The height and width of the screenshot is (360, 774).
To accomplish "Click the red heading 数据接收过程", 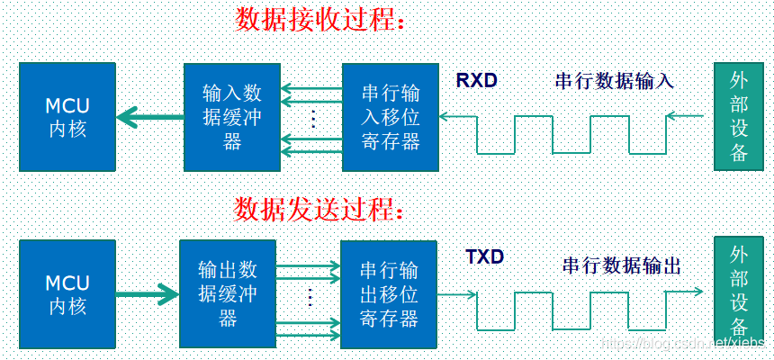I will point(320,20).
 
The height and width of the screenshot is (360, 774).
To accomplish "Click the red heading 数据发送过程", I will point(319,210).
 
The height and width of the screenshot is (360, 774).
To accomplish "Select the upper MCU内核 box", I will point(67,117).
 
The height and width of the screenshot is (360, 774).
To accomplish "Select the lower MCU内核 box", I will point(67,294).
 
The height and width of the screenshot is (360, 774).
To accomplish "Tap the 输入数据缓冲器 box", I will point(231,117).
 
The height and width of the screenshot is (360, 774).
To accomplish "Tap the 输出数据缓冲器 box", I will point(228,294).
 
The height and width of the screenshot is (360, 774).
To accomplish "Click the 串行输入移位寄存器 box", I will point(390,117).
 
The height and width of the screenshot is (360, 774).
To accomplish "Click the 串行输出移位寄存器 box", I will point(388,294).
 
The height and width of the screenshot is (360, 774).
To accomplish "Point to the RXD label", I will point(476,81).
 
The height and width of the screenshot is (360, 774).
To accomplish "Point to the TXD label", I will point(484,257).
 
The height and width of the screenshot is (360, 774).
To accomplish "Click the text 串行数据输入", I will point(614,82).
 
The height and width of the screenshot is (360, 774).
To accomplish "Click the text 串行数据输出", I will point(621,265).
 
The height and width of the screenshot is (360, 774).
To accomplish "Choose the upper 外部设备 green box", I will point(738,117).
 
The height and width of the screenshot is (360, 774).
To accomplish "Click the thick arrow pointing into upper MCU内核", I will point(149,116).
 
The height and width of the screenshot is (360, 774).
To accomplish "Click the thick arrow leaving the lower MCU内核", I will point(148,292).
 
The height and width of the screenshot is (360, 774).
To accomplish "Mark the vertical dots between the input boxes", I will point(312,119).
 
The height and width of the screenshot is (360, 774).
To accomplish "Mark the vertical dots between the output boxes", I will point(309,295).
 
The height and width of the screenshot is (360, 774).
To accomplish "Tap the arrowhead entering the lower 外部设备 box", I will point(698,292).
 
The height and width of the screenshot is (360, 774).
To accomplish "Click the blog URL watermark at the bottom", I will point(684,345).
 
